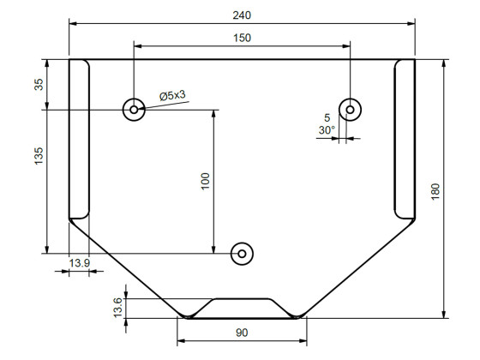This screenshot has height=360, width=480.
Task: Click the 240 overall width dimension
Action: point(242,15)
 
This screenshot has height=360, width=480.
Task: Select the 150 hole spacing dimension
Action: point(242,38)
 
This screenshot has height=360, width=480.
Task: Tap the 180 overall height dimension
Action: point(435,189)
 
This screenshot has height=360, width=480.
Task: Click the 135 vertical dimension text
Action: point(38,157)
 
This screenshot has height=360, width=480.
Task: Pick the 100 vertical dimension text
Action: point(205,181)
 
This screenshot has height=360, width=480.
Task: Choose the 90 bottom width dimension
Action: point(242,333)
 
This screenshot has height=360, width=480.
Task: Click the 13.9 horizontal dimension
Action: point(79,262)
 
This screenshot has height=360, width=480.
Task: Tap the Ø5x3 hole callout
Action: point(172,97)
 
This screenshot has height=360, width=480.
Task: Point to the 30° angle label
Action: point(327,130)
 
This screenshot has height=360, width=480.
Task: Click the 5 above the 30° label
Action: point(327,117)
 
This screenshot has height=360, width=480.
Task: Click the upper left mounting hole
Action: point(134,109)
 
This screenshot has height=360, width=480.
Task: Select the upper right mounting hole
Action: point(350,109)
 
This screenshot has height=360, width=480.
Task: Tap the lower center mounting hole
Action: point(242,253)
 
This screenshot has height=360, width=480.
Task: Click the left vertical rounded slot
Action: point(79,139)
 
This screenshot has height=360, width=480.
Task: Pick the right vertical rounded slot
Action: point(404,139)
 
